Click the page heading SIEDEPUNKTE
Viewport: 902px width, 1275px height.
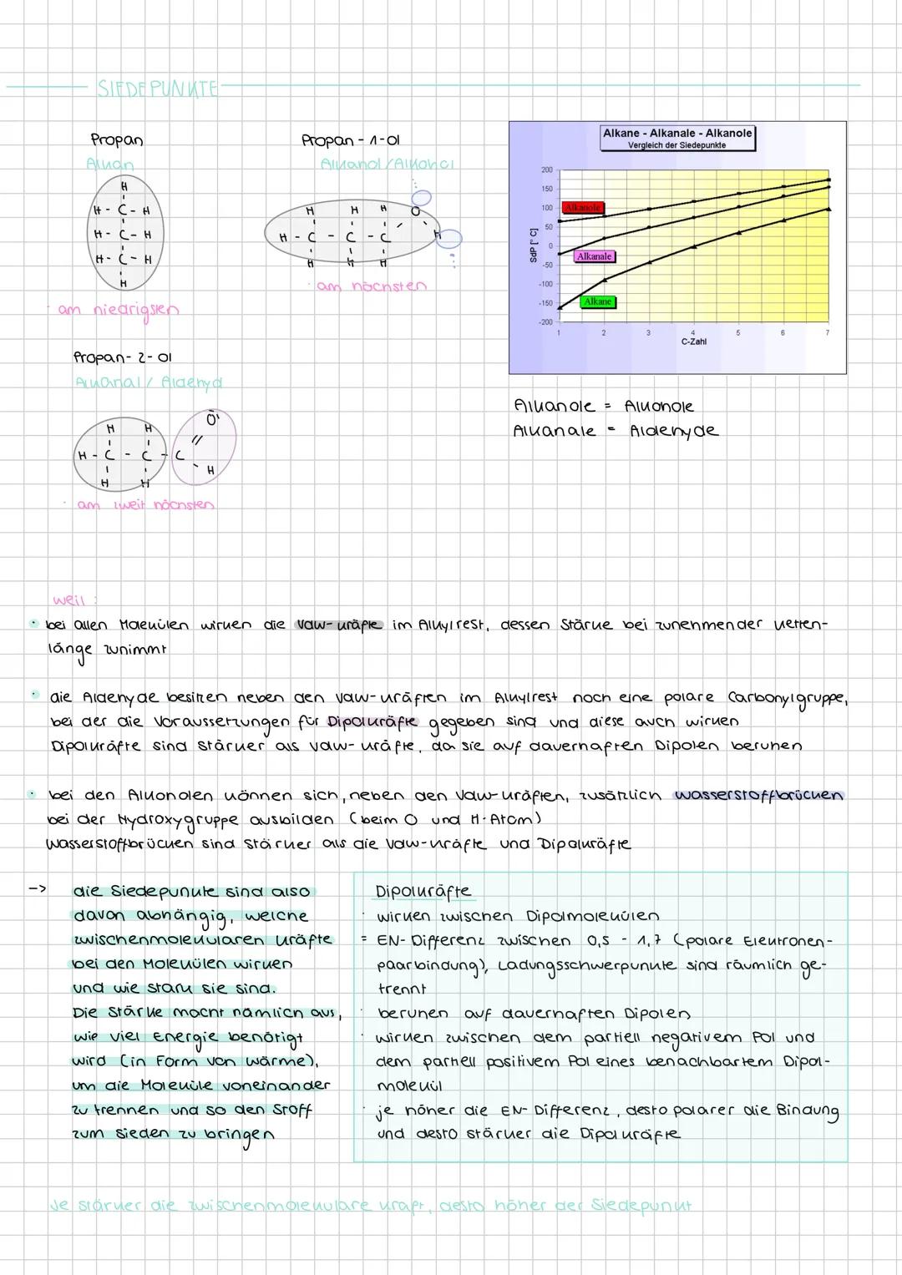coord(157,88)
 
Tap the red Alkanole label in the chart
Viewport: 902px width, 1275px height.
coord(583,207)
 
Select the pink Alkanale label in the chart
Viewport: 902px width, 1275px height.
coord(595,256)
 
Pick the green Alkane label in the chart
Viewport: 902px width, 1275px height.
coord(598,301)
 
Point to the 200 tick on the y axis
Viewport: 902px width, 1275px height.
coord(546,169)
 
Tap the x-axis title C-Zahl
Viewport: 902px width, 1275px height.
coord(693,342)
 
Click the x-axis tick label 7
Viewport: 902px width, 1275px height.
coord(828,333)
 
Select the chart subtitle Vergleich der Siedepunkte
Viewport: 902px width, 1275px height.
coord(677,145)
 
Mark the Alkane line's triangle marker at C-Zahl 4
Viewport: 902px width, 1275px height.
coord(693,246)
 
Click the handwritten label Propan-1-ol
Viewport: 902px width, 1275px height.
coord(356,140)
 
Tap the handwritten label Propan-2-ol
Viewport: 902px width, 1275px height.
coord(122,357)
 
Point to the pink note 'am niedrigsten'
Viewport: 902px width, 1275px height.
coord(118,310)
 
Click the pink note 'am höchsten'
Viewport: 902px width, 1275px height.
coord(371,286)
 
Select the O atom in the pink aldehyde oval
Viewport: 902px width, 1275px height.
coord(211,419)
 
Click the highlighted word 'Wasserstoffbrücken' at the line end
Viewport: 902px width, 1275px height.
coord(758,795)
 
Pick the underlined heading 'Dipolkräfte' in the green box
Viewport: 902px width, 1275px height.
coord(423,892)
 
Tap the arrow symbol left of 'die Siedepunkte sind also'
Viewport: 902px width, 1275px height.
coord(38,890)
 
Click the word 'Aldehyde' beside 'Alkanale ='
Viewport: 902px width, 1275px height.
coord(674,431)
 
